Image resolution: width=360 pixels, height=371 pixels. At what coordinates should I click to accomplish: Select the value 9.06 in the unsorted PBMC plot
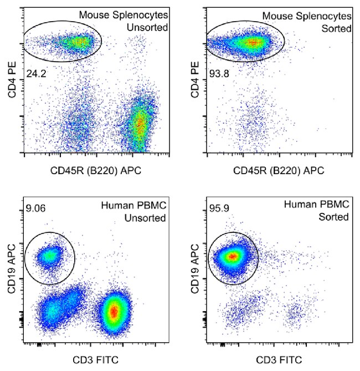35,209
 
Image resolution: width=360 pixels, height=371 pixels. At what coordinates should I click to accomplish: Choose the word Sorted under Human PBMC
334,217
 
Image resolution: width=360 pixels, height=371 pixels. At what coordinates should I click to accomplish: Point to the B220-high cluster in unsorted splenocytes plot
140,125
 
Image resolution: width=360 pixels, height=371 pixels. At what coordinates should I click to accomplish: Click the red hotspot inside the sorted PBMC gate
233,256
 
